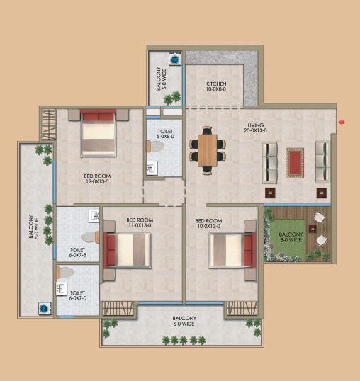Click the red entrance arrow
coord(342,122)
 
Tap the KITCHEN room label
coord(216,84)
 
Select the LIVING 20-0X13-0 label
coord(255,127)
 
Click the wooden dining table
coord(208,150)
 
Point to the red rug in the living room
coord(295,163)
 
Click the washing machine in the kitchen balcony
coord(175,58)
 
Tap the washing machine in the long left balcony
coord(45,309)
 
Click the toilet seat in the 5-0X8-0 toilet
coord(155,147)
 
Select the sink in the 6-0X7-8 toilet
coord(94,215)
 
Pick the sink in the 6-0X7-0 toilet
coord(62,288)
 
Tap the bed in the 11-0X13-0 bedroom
coord(127,250)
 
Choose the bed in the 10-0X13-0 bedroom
coord(232,250)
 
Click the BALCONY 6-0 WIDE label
coord(184,321)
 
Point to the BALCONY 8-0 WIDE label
coord(291,237)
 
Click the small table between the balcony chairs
coord(313,229)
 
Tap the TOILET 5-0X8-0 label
coord(165,134)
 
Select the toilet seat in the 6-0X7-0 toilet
coord(64,273)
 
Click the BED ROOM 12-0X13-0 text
coord(97,178)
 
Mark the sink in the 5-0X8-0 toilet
coord(152,168)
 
